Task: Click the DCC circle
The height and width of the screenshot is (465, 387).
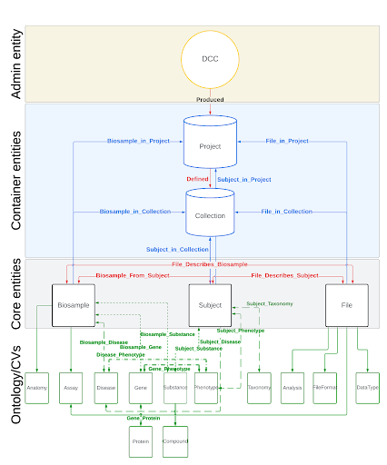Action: [x=210, y=60]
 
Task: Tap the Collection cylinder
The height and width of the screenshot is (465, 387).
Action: [x=210, y=215]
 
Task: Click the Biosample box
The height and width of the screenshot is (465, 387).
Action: [x=74, y=305]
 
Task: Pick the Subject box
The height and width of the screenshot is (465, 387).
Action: [x=210, y=305]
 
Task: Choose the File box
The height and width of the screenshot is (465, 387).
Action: [x=347, y=305]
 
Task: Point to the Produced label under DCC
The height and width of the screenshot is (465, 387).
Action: [x=210, y=100]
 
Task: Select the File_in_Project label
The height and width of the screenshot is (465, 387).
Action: [x=286, y=141]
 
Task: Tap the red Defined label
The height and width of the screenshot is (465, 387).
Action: [x=197, y=180]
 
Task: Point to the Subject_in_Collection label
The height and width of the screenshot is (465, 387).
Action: [x=176, y=250]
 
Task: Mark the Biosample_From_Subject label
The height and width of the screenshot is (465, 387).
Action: [x=132, y=274]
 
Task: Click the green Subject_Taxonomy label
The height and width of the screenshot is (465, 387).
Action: [x=270, y=303]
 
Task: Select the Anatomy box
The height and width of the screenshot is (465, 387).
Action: [x=36, y=388]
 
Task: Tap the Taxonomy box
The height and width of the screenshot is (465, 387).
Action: [x=259, y=388]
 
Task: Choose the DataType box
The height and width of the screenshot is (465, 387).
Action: [x=367, y=388]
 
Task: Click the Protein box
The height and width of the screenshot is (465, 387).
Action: [x=140, y=441]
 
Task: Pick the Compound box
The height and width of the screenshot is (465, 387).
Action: [x=174, y=441]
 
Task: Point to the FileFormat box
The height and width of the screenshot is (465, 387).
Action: [x=325, y=388]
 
